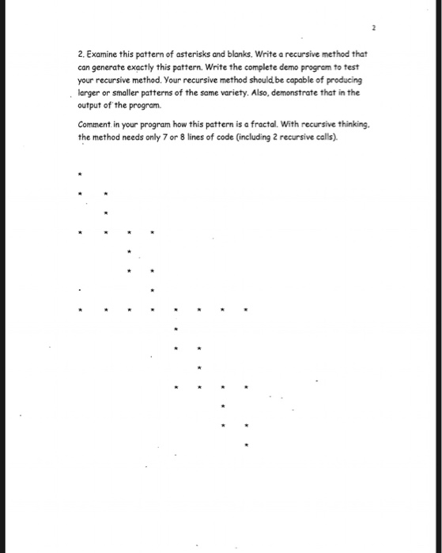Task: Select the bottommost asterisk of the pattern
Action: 247,446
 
